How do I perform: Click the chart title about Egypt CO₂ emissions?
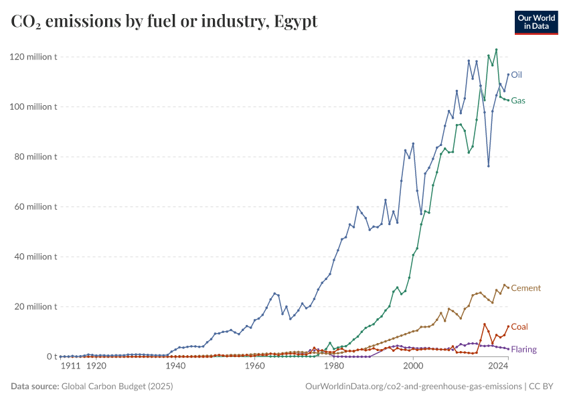[x=164, y=21]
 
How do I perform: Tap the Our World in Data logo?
[x=536, y=22]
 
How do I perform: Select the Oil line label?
[x=516, y=74]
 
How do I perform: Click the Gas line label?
[x=518, y=100]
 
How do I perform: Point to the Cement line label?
[x=525, y=288]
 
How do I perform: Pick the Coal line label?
[x=519, y=327]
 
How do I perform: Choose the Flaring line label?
[x=523, y=350]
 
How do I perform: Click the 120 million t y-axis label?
[x=33, y=57]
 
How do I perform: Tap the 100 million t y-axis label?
[x=33, y=107]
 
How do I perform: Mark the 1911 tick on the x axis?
[x=71, y=366]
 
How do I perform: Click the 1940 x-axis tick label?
[x=175, y=366]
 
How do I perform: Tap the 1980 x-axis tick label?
[x=334, y=366]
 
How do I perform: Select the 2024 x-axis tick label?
[x=497, y=366]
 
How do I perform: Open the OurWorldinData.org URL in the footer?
[x=413, y=387]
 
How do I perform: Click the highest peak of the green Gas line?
[x=496, y=50]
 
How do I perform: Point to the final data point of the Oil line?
[x=508, y=74]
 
